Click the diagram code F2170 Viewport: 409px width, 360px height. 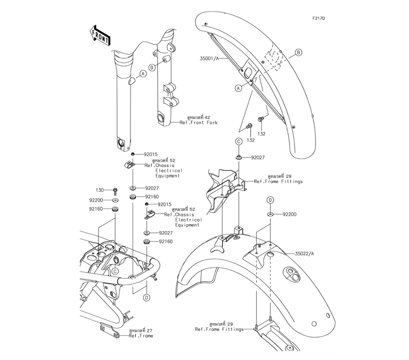point(319,18)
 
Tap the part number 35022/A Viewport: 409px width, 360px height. point(305,254)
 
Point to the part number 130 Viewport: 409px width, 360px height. point(100,190)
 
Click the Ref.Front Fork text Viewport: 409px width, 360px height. point(199,123)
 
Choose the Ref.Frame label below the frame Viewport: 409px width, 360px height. point(141,336)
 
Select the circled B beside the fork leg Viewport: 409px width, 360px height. point(152,67)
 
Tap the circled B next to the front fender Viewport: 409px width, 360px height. point(299,52)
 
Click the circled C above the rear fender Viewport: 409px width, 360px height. point(238,141)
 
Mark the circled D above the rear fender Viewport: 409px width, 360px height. point(270,200)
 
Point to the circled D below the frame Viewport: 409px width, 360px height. point(146,298)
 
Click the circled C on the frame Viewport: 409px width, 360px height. point(116,271)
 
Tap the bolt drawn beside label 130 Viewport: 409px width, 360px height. point(115,190)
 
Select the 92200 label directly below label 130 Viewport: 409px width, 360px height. point(96,200)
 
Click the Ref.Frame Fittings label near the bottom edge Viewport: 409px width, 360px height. point(219,329)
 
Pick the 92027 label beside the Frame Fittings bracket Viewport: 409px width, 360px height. point(258,157)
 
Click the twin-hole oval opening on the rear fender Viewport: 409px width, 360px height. point(293,274)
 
